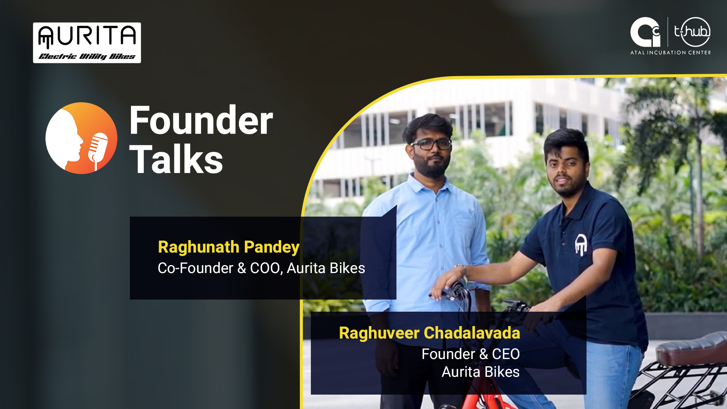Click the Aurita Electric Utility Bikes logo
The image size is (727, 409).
(87, 42)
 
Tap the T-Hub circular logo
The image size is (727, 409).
(692, 32)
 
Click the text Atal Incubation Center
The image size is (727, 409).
(670, 53)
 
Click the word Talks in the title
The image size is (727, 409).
(176, 160)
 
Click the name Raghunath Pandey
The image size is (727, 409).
(228, 247)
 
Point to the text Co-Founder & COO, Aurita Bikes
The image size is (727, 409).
(261, 268)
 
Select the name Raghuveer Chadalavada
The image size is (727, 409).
(429, 333)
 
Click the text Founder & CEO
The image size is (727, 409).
(470, 354)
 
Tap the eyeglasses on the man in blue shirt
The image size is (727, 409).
(432, 144)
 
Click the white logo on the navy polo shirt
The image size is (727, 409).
(581, 244)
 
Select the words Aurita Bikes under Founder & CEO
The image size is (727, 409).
(480, 372)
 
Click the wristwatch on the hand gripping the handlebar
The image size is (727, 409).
(462, 269)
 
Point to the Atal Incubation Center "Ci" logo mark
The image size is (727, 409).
(645, 32)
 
